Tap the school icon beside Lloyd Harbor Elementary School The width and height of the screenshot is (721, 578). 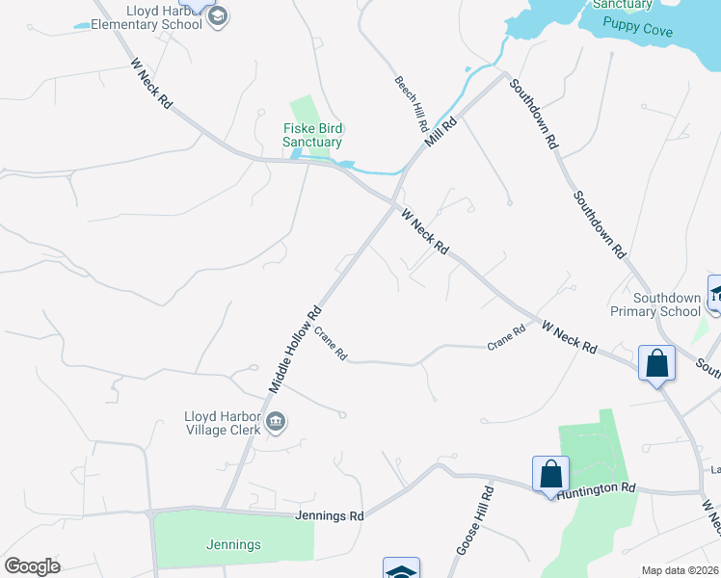218,15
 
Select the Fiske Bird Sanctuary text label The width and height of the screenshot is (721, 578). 312,136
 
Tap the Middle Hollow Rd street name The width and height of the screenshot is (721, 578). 295,350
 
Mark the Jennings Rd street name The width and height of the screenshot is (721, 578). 330,516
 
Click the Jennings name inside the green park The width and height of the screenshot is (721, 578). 233,544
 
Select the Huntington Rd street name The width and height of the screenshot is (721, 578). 602,489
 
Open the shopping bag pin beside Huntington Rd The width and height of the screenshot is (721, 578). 550,475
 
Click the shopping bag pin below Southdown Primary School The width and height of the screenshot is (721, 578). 657,365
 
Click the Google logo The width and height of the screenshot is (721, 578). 32,566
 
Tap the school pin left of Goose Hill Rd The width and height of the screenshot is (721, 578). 401,571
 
